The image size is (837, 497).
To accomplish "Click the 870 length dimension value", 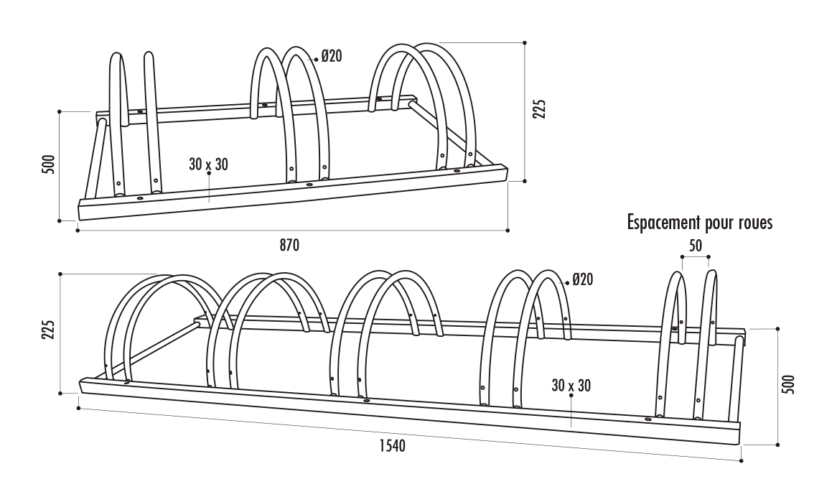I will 289,245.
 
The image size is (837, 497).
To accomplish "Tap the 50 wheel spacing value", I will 695,246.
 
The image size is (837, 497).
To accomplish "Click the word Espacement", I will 663,223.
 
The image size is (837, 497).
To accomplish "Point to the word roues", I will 754,223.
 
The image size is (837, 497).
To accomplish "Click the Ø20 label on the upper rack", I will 331,56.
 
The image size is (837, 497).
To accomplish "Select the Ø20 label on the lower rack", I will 583,280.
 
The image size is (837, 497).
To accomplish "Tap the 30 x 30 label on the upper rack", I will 208,164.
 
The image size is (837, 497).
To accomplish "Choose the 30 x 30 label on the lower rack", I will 571,386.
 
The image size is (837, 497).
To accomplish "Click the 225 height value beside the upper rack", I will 541,108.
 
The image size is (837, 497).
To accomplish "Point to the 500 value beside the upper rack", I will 48,165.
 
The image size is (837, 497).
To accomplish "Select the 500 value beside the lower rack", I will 788,386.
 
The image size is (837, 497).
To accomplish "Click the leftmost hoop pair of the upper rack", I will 134,122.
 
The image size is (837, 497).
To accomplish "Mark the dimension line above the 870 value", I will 292,231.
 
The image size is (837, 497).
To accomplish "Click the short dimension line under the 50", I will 695,256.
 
